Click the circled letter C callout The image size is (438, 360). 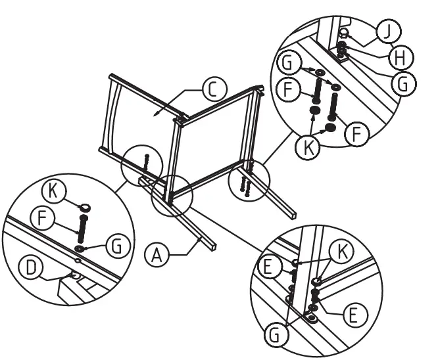coord(214,88)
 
